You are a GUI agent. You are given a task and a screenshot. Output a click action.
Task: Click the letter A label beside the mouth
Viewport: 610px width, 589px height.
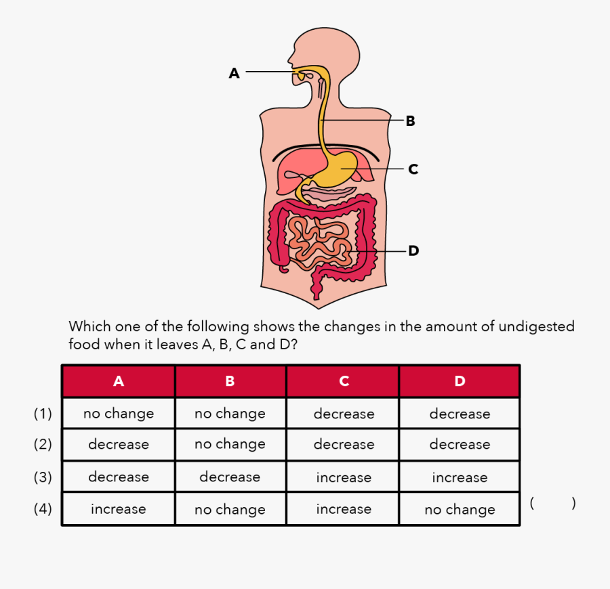tap(235, 73)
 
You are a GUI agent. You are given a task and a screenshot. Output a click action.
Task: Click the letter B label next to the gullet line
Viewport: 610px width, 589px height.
tap(410, 121)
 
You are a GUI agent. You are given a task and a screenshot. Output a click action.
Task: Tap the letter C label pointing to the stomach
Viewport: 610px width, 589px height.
tap(413, 169)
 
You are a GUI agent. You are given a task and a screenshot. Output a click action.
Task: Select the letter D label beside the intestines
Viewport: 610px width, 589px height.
tap(413, 251)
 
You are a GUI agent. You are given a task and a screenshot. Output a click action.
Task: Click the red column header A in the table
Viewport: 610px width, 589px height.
tap(119, 381)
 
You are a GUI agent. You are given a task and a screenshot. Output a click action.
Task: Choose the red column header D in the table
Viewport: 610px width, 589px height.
tap(460, 381)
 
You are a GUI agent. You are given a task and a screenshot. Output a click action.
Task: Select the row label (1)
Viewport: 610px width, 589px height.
tap(43, 414)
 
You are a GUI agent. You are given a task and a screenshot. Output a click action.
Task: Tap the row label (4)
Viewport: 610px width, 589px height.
tap(43, 509)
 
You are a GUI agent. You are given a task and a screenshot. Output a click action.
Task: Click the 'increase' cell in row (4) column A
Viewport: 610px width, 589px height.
tap(119, 509)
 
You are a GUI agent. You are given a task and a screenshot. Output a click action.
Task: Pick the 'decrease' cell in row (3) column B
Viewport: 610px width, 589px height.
tap(230, 477)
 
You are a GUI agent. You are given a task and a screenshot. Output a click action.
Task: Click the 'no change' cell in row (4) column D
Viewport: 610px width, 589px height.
tap(460, 509)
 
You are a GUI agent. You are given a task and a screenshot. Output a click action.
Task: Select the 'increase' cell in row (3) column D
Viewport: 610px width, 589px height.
tap(460, 477)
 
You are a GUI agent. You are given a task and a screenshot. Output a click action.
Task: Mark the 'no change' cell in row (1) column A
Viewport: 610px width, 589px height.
tap(119, 414)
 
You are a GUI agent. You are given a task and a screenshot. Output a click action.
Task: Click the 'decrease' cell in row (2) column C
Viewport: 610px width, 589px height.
tap(344, 445)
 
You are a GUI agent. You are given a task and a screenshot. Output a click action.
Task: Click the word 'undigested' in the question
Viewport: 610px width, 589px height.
tap(536, 327)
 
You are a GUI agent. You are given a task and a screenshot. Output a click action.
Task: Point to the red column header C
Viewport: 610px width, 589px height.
tap(344, 381)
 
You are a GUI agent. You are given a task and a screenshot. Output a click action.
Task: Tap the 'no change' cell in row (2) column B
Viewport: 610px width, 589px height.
tap(230, 445)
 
